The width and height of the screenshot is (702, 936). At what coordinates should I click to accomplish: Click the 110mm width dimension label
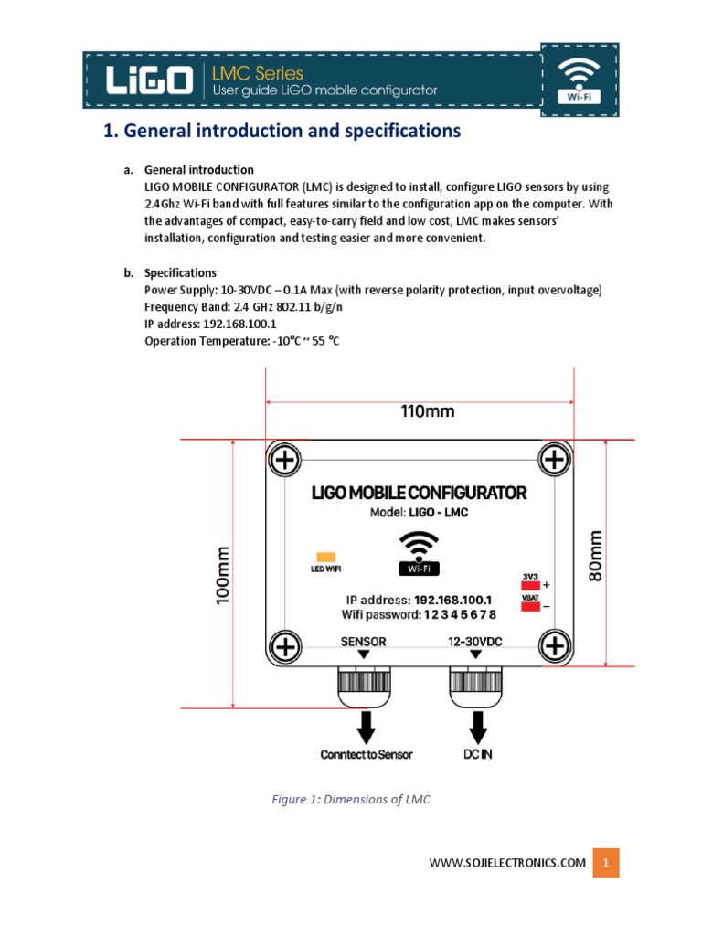coord(427,411)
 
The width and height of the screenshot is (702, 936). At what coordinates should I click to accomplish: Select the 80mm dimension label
coord(596,559)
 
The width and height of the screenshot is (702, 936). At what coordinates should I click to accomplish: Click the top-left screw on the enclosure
coord(285,460)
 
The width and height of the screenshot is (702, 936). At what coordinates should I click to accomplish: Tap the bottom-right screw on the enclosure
coord(554,647)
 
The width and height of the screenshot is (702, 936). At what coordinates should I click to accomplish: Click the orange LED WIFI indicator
coord(324,557)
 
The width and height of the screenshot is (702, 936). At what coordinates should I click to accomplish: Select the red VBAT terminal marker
coord(530,605)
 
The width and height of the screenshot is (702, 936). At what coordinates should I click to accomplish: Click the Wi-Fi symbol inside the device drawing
coord(420,553)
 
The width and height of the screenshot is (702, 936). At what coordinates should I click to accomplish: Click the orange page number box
coord(605,862)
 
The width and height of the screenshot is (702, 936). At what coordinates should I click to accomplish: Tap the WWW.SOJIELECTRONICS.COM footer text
coord(506,863)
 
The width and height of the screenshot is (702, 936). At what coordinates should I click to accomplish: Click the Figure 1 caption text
coord(350,800)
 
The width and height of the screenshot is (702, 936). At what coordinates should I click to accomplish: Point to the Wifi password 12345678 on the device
coord(419,615)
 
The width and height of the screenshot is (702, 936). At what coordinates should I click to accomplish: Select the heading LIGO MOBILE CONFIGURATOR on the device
coord(419,493)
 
